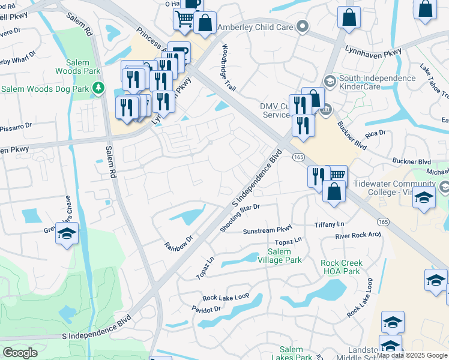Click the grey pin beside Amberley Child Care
pos(303,26)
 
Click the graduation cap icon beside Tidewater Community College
pos(424,199)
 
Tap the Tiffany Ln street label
pos(330,224)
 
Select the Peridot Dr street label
pos(206,309)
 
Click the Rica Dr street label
pos(378,133)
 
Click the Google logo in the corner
pos(20,353)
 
